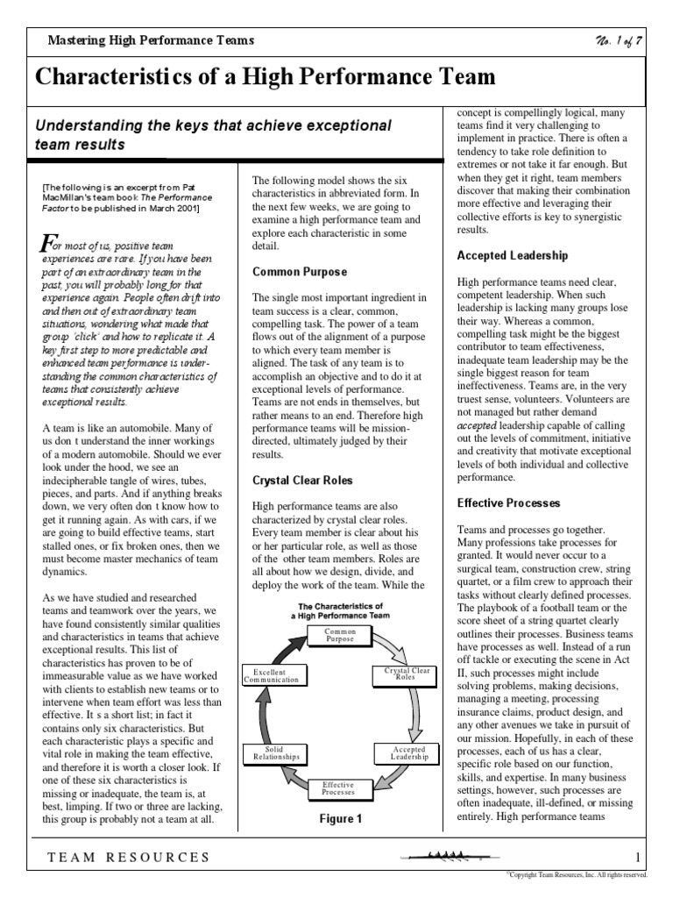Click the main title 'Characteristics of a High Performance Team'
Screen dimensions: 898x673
pyautogui.click(x=266, y=77)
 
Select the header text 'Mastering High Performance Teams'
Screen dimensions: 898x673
pyautogui.click(x=151, y=40)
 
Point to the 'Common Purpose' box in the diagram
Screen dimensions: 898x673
pyautogui.click(x=339, y=635)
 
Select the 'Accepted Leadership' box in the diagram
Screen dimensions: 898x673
pyautogui.click(x=404, y=753)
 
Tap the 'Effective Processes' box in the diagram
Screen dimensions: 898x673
pyautogui.click(x=338, y=788)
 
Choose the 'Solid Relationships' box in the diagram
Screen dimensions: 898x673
pyautogui.click(x=276, y=753)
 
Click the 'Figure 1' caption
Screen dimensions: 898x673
pyautogui.click(x=340, y=819)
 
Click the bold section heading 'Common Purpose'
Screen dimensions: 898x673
pyautogui.click(x=300, y=272)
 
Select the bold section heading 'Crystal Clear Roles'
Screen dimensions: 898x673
pyautogui.click(x=302, y=481)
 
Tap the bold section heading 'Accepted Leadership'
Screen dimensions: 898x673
pyautogui.click(x=513, y=255)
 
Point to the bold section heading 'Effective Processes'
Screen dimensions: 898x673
pyautogui.click(x=509, y=503)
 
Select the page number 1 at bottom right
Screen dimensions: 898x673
pyautogui.click(x=638, y=857)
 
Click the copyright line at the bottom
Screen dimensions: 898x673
pyautogui.click(x=577, y=875)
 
